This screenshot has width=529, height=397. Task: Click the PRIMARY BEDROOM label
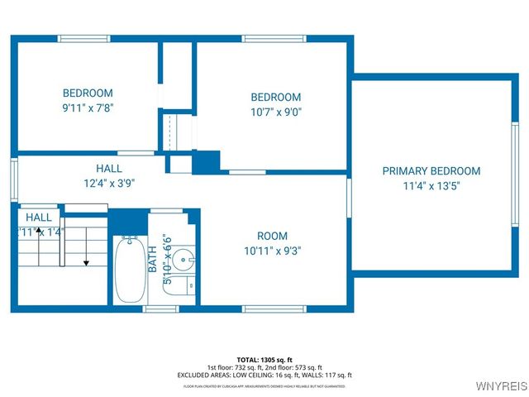click(x=431, y=171)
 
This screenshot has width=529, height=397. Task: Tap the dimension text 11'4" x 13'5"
click(x=431, y=186)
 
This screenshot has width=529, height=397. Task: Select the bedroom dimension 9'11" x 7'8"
click(x=87, y=108)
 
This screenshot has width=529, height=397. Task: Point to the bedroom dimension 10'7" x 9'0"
click(x=276, y=112)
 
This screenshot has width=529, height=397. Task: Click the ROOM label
click(x=272, y=236)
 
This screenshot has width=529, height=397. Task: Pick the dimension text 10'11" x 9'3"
click(x=272, y=251)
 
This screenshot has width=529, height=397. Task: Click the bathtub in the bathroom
click(x=128, y=270)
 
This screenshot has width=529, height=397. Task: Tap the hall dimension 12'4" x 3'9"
click(x=109, y=183)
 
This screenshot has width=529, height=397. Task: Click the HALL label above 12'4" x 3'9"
click(x=109, y=168)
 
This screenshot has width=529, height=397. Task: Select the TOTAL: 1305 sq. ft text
click(x=264, y=359)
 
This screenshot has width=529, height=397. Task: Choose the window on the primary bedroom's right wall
click(x=513, y=175)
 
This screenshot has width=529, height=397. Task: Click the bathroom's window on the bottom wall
click(x=161, y=309)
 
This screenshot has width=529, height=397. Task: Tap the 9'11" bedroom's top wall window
click(x=84, y=37)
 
